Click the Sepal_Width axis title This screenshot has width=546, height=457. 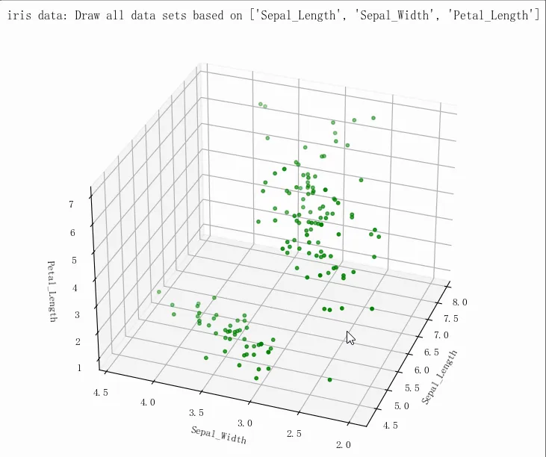point(218,435)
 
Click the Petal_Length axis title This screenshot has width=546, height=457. point(52,291)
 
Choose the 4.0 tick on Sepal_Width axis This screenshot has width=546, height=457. point(148,402)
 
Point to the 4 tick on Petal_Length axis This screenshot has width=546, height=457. point(76,287)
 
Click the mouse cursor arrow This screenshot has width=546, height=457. point(350,337)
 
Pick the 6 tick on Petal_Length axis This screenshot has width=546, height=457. point(74,233)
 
